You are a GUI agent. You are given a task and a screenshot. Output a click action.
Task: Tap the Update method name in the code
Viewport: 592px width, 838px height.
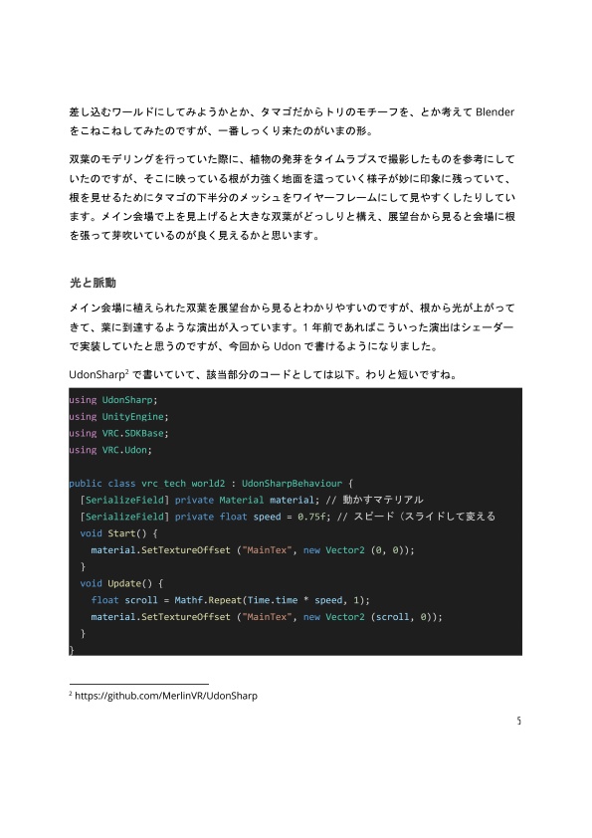pos(127,582)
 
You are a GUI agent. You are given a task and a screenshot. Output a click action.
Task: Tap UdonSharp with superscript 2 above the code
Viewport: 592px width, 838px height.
pos(97,374)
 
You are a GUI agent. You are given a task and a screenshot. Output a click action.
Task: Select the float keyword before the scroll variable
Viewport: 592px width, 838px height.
pos(104,599)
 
